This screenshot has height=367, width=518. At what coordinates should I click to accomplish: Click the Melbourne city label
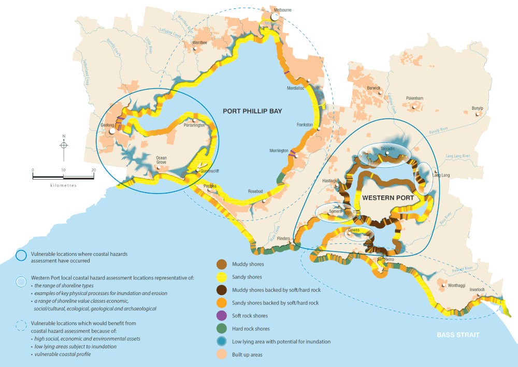click(x=282, y=10)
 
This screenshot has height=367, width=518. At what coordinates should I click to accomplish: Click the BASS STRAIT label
click(x=457, y=335)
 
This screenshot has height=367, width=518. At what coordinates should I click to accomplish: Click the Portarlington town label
click(x=194, y=125)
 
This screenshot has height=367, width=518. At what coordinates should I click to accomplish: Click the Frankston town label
click(x=305, y=125)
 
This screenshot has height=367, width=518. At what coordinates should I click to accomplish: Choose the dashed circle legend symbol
click(x=21, y=325)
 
